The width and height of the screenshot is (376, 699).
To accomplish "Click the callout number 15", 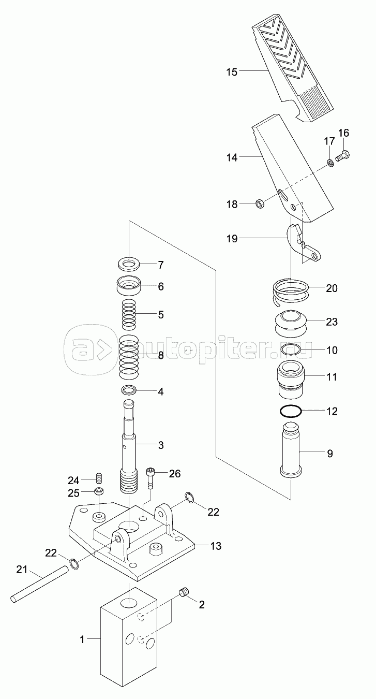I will point(232,71).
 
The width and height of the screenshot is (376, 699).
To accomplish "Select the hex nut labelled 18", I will point(261,203).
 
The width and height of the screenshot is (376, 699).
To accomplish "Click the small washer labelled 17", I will point(329,164).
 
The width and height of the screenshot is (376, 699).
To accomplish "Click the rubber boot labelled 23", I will point(292,322).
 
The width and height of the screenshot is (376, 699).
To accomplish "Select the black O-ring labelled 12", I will point(292,412).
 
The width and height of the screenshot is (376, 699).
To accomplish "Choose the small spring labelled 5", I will point(129,315).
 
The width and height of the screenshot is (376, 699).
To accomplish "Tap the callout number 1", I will point(82,640).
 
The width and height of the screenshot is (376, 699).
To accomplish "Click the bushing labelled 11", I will point(292,376).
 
